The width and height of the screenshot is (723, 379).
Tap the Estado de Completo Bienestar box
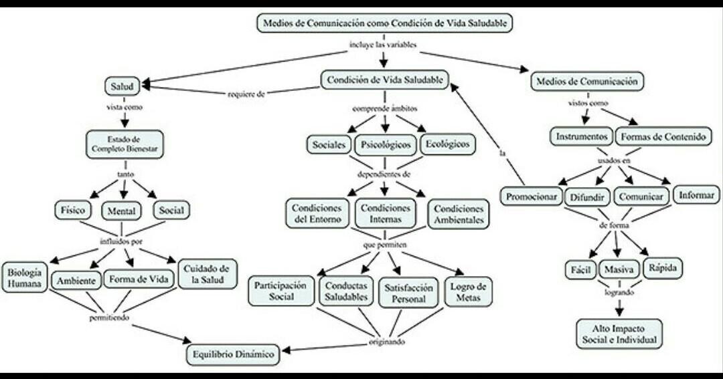[x=125, y=144]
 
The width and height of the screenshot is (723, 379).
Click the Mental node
[x=122, y=211]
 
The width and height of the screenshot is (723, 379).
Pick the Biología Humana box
[x=25, y=278]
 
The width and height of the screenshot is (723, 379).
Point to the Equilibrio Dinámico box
[x=234, y=355]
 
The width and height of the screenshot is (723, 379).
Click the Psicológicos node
[x=385, y=144]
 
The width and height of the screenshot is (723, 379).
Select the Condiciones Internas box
[x=385, y=214]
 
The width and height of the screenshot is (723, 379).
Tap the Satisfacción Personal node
[x=406, y=293]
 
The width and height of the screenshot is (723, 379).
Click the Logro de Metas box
[x=469, y=291]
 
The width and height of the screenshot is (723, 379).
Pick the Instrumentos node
[x=582, y=136]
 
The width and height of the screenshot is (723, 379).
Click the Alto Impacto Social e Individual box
[x=619, y=334]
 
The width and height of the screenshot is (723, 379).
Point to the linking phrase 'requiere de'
[x=247, y=94]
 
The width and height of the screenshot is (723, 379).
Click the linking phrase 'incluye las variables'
[x=384, y=45]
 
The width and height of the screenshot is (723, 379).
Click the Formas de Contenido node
[x=663, y=137]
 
